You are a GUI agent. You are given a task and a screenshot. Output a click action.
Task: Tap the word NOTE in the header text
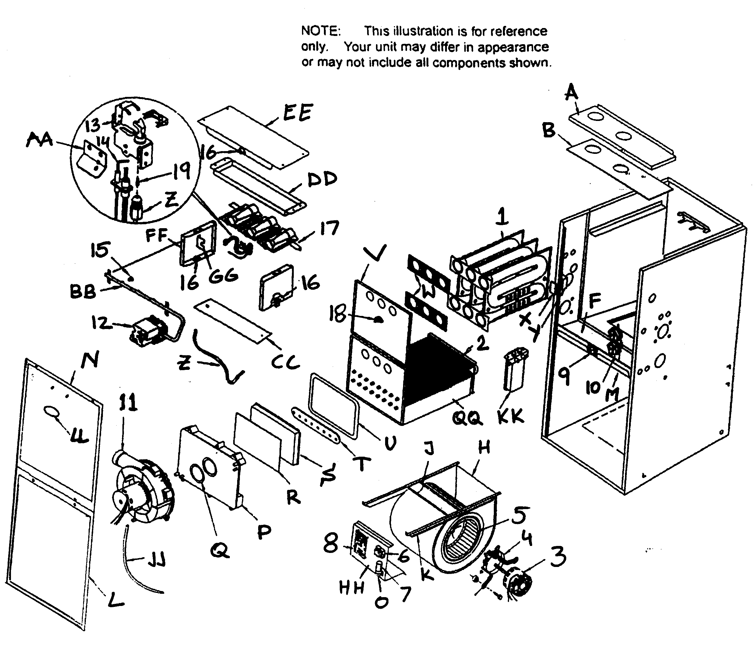[x=320, y=31]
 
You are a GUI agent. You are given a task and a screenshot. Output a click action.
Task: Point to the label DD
[x=322, y=179]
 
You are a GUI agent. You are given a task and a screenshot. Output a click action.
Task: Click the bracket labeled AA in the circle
[x=91, y=158]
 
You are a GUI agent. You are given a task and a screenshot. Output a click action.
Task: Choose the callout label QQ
[x=468, y=418]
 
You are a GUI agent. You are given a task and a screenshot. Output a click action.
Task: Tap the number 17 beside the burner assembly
[x=329, y=228]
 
